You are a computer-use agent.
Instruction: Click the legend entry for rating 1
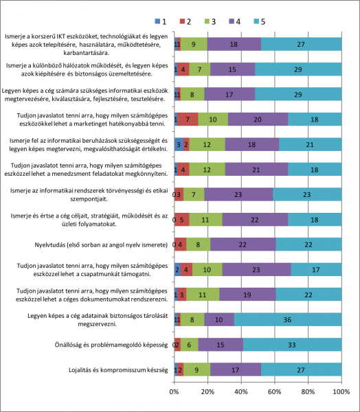click(x=161, y=21)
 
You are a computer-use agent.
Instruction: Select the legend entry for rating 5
click(x=260, y=21)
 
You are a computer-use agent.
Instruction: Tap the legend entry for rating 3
click(x=210, y=21)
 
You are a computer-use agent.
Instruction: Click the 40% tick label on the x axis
click(x=241, y=392)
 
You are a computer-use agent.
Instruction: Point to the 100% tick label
click(x=341, y=392)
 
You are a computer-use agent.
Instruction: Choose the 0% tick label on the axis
click(x=174, y=392)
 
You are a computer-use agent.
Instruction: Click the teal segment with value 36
click(x=288, y=319)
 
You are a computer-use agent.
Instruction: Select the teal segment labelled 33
click(x=293, y=345)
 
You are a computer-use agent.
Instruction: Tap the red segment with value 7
click(x=188, y=119)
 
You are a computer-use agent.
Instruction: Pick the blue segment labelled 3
click(x=179, y=144)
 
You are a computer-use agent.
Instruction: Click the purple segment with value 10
click(x=219, y=319)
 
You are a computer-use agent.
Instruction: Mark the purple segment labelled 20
click(x=258, y=119)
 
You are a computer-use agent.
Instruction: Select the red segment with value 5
click(x=182, y=220)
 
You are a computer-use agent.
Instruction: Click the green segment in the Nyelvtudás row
click(x=199, y=244)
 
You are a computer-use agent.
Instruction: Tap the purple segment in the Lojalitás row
click(x=236, y=369)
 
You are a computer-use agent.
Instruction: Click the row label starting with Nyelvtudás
click(x=101, y=245)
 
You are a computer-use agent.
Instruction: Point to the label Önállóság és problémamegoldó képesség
click(x=111, y=345)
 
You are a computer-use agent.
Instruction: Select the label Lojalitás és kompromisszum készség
click(x=118, y=370)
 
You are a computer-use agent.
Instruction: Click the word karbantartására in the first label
click(x=87, y=53)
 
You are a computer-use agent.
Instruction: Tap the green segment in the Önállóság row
click(x=190, y=345)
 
